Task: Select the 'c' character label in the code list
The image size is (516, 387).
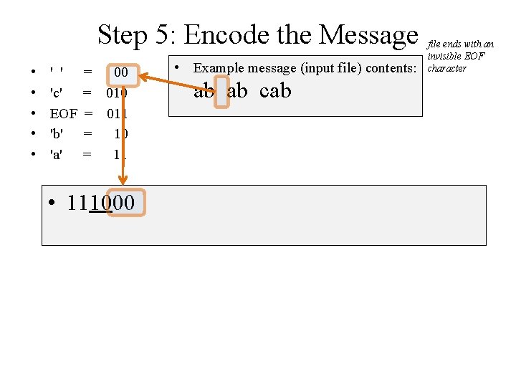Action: [x=55, y=92]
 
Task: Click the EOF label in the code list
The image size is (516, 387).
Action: [x=63, y=113]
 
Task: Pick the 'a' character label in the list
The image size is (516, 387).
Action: [x=55, y=153]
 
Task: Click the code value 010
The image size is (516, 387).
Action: [x=117, y=92]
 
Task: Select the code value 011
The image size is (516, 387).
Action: [x=117, y=113]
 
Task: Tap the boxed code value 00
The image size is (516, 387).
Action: [x=121, y=72]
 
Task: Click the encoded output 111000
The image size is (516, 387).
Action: [x=100, y=203]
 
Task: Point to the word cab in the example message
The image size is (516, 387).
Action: [x=275, y=91]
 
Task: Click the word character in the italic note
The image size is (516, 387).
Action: [x=446, y=68]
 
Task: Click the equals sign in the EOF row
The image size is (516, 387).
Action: [x=90, y=113]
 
